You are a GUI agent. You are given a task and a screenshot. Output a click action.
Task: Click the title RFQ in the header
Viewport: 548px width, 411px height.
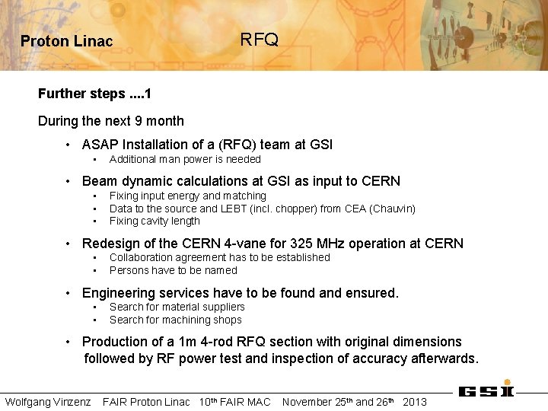pyautogui.click(x=259, y=40)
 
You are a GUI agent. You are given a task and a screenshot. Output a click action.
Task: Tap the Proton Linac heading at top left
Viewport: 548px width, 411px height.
pyautogui.click(x=66, y=41)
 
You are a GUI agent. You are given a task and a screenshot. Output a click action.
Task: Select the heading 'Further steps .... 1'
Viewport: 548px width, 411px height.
pyautogui.click(x=95, y=94)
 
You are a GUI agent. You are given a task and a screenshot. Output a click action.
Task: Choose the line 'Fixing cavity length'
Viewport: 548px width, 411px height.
pyautogui.click(x=155, y=221)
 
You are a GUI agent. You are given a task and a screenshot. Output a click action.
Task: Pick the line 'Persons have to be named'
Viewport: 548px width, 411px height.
pyautogui.click(x=173, y=270)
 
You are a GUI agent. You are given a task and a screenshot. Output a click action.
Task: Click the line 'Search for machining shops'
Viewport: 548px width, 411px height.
pyautogui.click(x=175, y=320)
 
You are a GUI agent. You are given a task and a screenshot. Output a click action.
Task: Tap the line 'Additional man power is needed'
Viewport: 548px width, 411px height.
pyautogui.click(x=185, y=159)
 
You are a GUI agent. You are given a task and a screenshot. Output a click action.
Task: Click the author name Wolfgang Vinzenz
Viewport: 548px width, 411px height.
pyautogui.click(x=48, y=402)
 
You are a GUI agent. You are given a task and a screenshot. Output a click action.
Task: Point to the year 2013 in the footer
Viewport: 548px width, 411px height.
pyautogui.click(x=414, y=402)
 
